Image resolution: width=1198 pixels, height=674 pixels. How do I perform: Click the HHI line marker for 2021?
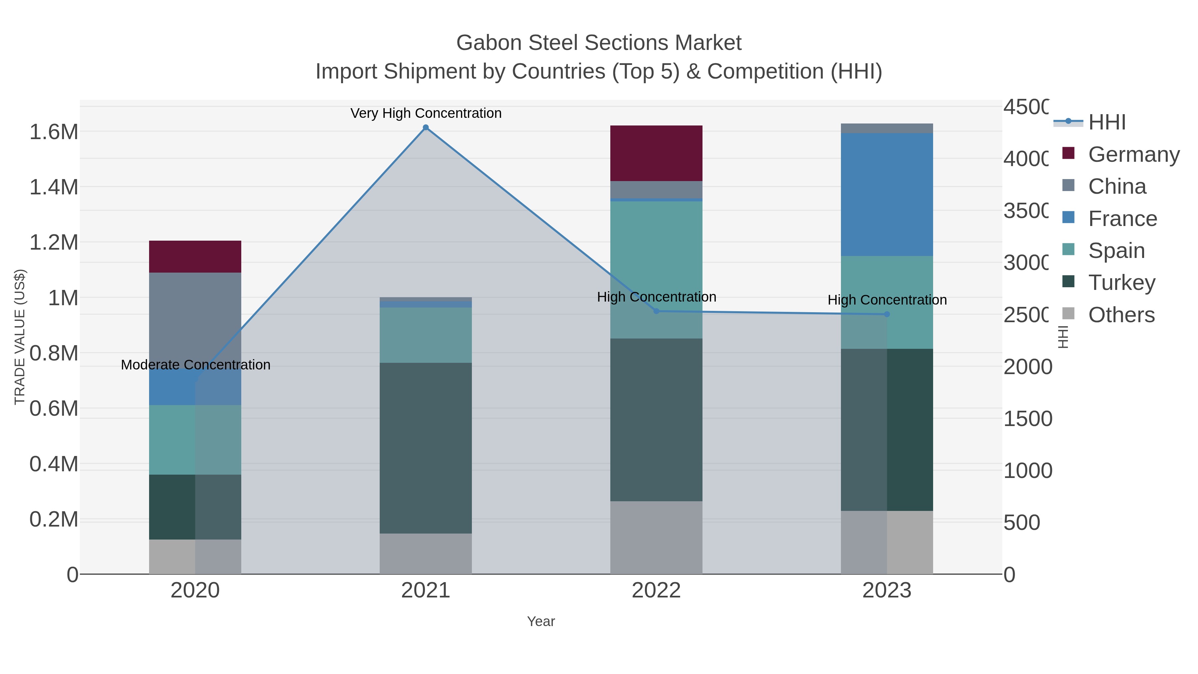426,127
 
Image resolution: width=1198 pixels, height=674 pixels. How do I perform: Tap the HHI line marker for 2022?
656,311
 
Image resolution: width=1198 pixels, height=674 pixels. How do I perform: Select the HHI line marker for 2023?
887,315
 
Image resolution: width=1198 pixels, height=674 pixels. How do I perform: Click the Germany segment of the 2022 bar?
656,153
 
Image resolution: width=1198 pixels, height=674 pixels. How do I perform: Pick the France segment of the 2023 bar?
887,194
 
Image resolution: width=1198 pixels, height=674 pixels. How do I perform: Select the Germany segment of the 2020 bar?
195,256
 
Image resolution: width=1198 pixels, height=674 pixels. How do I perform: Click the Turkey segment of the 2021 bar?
426,448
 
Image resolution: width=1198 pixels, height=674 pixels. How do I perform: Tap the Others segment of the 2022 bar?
656,537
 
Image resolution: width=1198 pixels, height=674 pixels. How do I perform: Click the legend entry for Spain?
1116,251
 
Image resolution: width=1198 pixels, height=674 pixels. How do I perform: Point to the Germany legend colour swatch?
1069,153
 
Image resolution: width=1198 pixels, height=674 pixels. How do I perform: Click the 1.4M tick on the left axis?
54,187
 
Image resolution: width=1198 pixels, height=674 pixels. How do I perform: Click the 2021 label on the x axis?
426,591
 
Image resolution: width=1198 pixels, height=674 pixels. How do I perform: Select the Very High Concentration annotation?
426,113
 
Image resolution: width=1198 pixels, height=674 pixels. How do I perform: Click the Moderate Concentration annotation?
195,365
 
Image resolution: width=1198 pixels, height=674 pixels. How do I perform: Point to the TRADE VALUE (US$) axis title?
20,337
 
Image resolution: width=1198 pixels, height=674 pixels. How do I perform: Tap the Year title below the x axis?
541,621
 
